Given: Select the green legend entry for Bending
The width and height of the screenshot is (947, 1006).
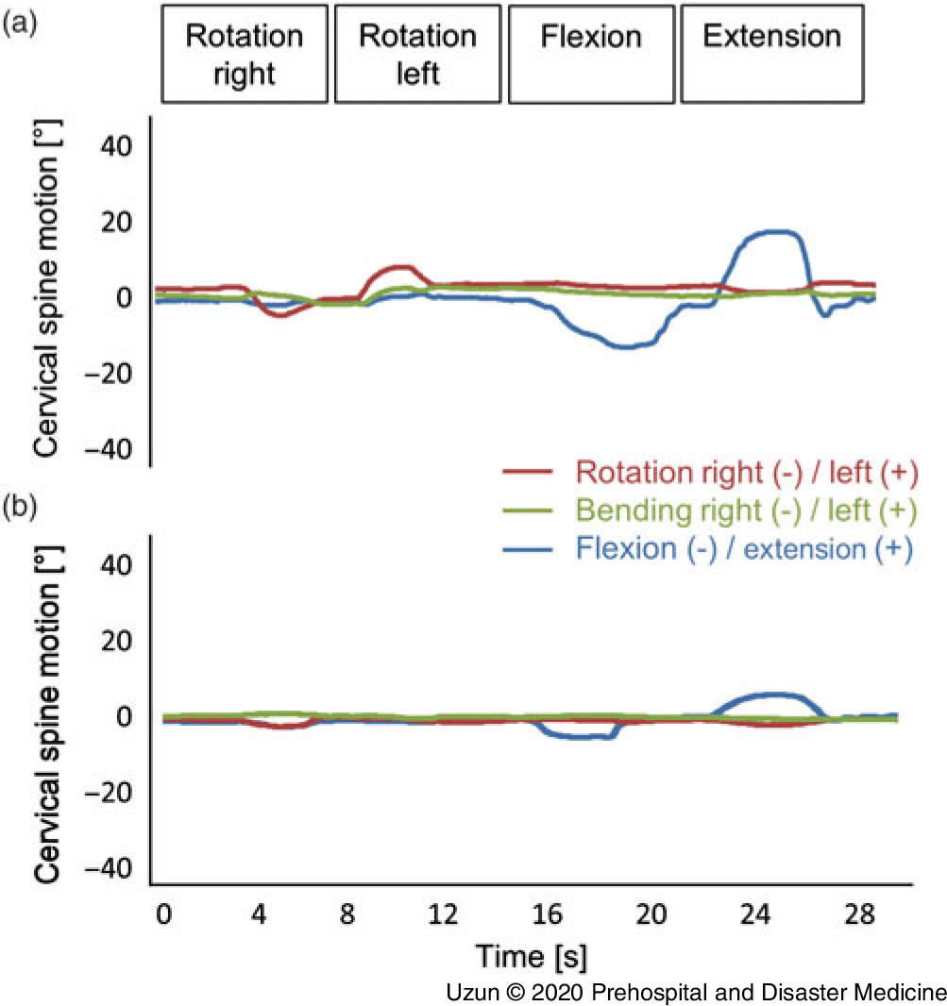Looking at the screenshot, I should tap(709, 511).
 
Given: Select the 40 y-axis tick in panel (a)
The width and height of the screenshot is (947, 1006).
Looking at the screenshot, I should tap(118, 146).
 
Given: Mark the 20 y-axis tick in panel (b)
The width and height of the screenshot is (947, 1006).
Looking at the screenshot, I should tap(118, 641).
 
